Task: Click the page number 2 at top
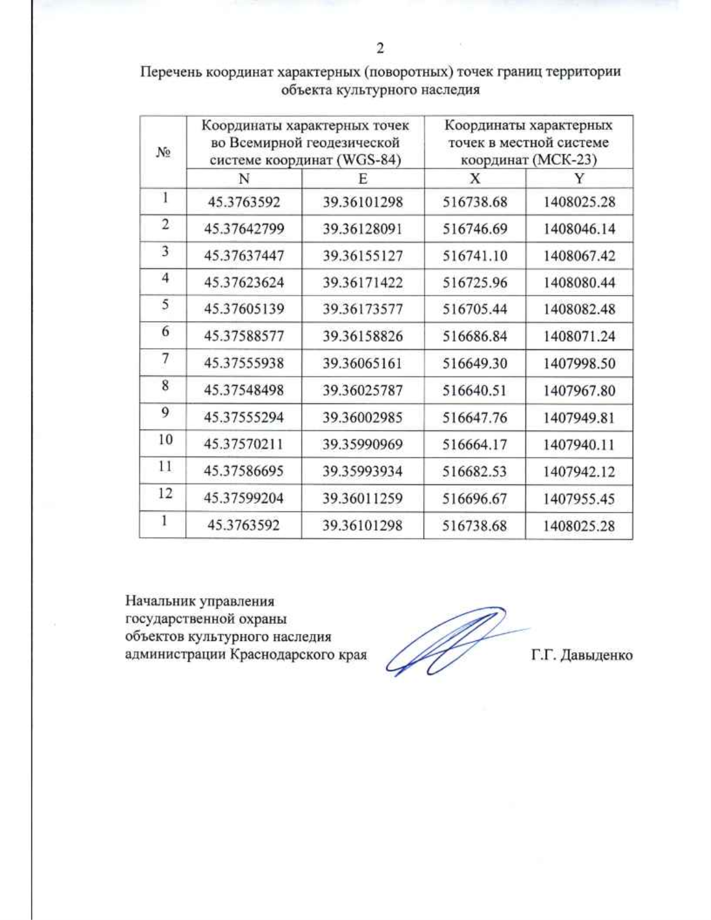click(x=380, y=48)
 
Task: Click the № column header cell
click(x=163, y=152)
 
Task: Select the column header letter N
click(x=244, y=179)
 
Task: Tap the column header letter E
click(x=363, y=179)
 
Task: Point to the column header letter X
click(x=475, y=179)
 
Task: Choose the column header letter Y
click(x=579, y=179)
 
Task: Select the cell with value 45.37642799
click(x=244, y=229)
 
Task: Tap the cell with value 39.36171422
click(x=363, y=283)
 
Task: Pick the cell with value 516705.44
click(x=475, y=309)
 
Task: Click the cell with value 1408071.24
click(x=579, y=336)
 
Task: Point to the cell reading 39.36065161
click(x=363, y=363)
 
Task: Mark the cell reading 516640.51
click(x=475, y=390)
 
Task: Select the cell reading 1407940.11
click(x=579, y=445)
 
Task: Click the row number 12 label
click(x=165, y=493)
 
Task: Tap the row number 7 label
click(x=165, y=358)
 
